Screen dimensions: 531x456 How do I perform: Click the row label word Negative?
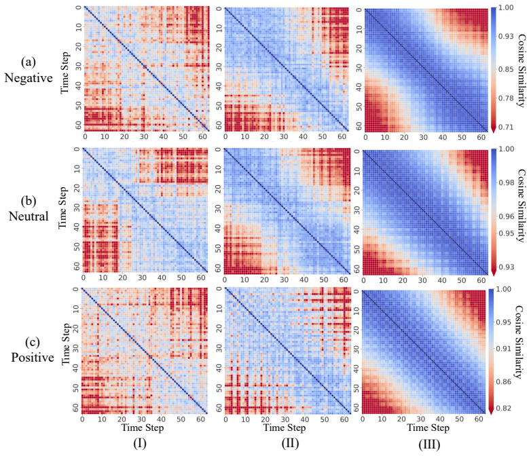coord(29,78)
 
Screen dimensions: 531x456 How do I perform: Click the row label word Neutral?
coord(29,216)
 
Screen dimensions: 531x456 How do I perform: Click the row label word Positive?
coord(33,357)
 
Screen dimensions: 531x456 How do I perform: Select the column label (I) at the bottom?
coord(140,444)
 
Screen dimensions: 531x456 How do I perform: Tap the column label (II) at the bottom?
coord(290,444)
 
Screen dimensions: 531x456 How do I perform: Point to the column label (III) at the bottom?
coord(429,444)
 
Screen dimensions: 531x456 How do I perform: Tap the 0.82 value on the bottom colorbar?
coord(504,408)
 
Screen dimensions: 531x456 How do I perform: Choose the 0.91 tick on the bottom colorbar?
coord(504,349)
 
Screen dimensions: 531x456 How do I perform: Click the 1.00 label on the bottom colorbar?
coord(504,289)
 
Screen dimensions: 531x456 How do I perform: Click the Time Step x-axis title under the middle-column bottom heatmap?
coord(285,427)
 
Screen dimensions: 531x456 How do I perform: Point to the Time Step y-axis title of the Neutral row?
coord(63,208)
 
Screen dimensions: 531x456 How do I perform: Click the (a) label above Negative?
coord(28,62)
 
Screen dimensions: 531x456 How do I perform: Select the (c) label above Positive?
coord(33,342)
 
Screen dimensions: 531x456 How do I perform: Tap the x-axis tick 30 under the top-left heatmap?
coord(144,137)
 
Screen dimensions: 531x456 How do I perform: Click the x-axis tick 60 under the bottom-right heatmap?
coord(479,419)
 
